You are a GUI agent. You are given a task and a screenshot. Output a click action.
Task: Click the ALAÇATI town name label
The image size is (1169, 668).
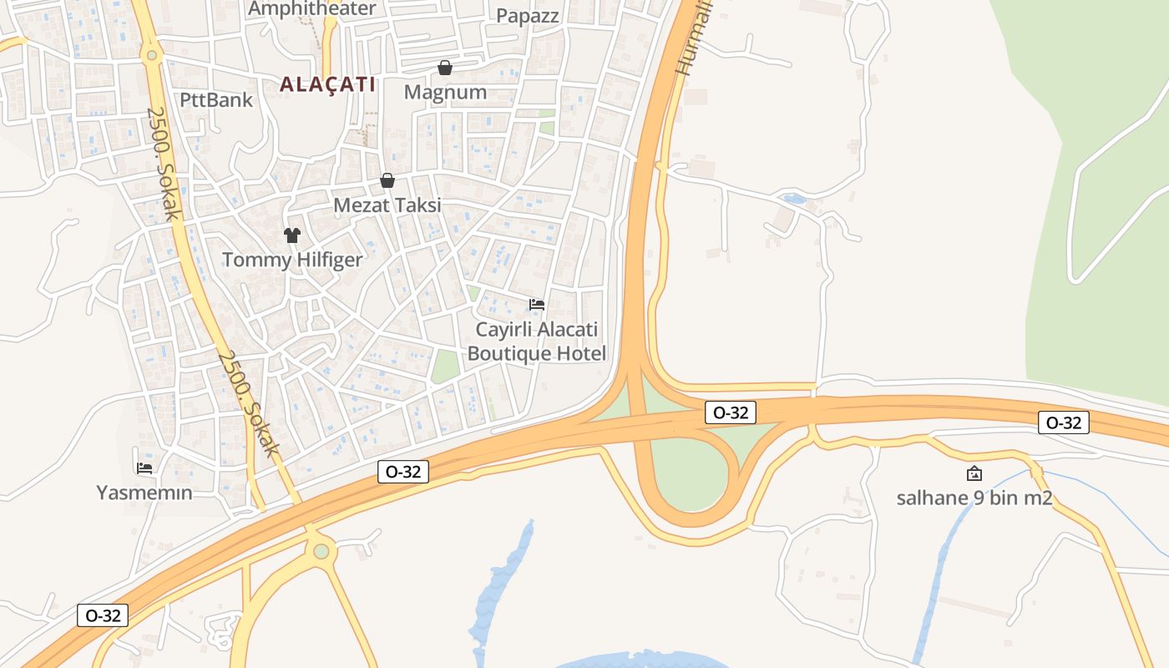click(x=327, y=84)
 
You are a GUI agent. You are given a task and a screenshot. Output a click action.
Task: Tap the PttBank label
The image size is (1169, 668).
click(x=215, y=100)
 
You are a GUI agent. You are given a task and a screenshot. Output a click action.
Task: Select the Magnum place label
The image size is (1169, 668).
click(x=445, y=92)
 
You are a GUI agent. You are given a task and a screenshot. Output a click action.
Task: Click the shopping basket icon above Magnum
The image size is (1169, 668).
click(x=445, y=67)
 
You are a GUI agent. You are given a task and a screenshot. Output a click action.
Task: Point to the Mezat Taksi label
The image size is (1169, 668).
click(x=387, y=205)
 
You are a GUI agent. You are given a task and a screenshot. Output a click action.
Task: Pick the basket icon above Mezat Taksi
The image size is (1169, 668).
click(x=387, y=180)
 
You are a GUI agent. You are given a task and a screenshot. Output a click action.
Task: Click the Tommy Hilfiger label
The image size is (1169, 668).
click(x=292, y=260)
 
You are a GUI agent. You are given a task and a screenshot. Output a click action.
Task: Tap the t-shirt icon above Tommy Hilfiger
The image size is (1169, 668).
click(x=291, y=235)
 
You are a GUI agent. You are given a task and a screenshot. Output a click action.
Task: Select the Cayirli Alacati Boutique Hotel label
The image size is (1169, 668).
click(x=537, y=342)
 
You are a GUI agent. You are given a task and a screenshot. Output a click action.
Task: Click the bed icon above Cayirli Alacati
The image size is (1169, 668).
click(x=537, y=305)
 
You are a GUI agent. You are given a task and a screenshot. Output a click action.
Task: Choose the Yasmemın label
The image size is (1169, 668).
click(x=144, y=493)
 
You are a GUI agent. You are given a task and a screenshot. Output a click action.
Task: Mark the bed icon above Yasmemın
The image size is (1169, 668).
click(x=144, y=468)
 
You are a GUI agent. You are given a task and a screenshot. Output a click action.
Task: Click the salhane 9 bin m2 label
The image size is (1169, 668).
click(x=974, y=499)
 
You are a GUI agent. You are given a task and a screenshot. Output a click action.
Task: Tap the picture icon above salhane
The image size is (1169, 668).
click(x=974, y=474)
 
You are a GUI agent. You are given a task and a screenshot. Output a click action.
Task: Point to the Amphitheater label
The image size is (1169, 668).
click(x=312, y=9)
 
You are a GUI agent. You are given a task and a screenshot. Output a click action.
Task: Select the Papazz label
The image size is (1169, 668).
click(x=528, y=16)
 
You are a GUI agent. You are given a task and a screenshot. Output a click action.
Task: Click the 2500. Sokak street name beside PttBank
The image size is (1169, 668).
click(x=164, y=163)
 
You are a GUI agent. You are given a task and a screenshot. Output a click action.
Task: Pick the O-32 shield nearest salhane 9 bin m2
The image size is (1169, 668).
click(x=1063, y=423)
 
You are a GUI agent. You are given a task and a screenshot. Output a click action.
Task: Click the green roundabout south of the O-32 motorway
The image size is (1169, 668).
click(x=321, y=551)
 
